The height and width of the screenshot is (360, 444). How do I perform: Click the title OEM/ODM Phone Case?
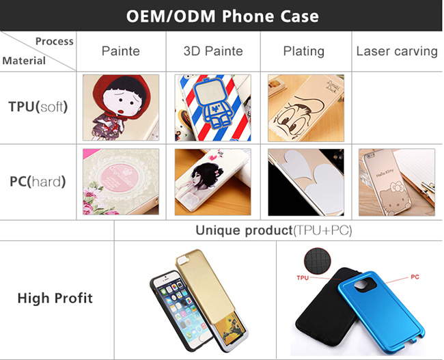coord(222,16)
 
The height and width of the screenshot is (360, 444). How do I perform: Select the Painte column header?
coord(121,51)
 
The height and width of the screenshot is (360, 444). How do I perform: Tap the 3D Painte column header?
coord(213,51)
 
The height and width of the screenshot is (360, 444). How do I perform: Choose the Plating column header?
coord(304,51)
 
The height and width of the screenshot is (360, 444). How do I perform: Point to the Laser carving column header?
coord(397,51)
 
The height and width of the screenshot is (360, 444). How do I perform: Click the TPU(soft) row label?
coord(38,107)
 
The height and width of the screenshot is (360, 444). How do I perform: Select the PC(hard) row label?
coord(38,182)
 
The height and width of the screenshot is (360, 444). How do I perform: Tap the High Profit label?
coord(55,298)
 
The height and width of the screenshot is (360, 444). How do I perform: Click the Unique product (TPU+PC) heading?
coord(274,231)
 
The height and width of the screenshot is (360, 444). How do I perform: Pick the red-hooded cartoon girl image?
coord(121,107)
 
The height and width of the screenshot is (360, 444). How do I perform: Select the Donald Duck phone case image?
coord(306,108)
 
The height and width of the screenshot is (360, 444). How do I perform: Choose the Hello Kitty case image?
coord(397,182)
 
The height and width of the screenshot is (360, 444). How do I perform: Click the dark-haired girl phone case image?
coord(212,182)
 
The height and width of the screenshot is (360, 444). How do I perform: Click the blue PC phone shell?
coord(381,312)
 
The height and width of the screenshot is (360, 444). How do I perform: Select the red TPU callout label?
coord(303,278)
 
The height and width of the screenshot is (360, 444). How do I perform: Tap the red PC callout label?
coord(415,277)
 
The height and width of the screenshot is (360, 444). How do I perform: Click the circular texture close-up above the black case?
coord(318,261)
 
